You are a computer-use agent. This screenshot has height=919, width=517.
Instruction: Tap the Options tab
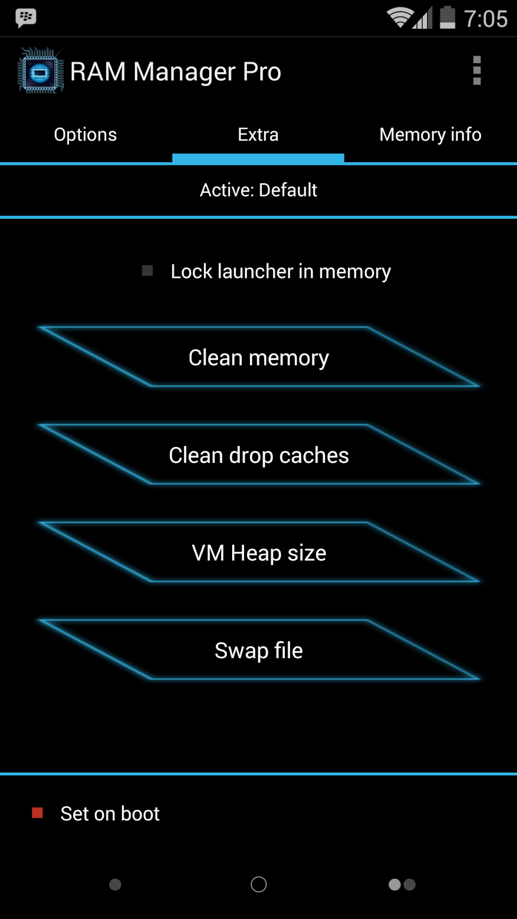[86, 134]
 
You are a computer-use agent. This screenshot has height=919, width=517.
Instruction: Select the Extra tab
[258, 134]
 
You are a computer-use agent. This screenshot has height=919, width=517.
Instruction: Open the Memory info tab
[430, 134]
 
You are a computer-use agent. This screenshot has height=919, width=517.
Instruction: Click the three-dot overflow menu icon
[476, 71]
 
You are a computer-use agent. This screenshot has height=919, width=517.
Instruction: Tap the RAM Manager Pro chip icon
[40, 71]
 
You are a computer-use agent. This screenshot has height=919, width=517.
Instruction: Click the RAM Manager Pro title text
[175, 72]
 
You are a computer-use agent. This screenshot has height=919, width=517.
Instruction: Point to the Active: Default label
[258, 190]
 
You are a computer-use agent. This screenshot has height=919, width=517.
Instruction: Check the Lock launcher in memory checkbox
[148, 271]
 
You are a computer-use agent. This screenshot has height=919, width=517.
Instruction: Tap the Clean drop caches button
[258, 455]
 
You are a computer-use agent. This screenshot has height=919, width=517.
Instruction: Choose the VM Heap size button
[258, 553]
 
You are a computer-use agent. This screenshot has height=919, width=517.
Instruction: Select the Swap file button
[258, 650]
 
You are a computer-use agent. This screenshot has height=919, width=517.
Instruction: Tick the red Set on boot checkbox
[37, 813]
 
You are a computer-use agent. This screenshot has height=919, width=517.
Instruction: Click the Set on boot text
[110, 814]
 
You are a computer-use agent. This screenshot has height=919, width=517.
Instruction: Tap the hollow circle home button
[258, 885]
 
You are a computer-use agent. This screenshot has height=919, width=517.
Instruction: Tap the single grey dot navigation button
[115, 885]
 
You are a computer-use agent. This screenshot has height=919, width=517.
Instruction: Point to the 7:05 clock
[485, 19]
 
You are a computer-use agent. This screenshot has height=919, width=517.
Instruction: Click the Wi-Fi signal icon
[399, 17]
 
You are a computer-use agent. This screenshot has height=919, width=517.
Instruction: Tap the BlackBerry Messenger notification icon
[26, 18]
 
